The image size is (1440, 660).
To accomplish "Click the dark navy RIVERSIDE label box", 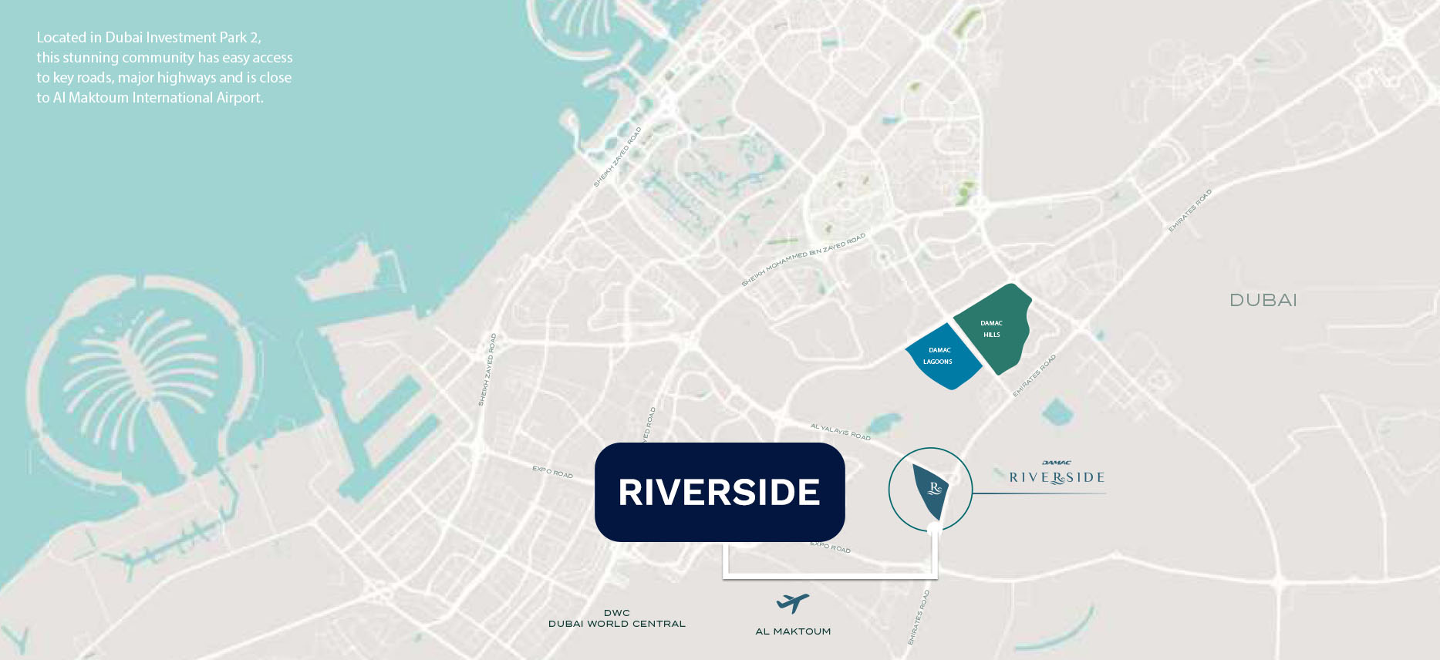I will (719, 492).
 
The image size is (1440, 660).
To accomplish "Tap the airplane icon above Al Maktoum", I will (792, 602).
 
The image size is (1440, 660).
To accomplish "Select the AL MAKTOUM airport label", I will (793, 631).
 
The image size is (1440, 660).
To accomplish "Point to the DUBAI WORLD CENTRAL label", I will (617, 624).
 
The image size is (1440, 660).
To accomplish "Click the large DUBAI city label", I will (1263, 300).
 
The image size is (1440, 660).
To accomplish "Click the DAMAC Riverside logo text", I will (1057, 476).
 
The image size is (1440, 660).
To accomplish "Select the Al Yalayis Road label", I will (840, 431).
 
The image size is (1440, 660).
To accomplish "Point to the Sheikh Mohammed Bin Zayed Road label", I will (803, 259).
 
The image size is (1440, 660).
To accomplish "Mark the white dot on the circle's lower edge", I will (935, 529).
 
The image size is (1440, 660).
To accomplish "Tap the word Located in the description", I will (61, 38).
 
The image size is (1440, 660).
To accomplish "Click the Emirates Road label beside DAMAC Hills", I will (1034, 375).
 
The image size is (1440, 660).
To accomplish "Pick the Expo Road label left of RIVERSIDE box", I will (552, 472).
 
